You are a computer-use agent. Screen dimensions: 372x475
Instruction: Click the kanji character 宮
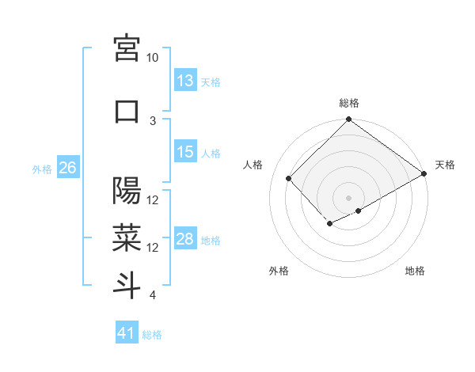(127, 48)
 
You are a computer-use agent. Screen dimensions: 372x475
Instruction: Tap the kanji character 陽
(127, 191)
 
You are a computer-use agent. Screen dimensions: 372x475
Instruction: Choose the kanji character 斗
(127, 286)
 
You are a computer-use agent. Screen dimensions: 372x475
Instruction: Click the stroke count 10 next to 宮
(153, 58)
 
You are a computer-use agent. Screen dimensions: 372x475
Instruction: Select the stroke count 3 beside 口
(153, 120)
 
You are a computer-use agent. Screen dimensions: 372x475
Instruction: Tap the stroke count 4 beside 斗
(153, 295)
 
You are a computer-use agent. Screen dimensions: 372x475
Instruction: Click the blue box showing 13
(185, 81)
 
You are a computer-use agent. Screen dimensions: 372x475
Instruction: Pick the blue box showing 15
(185, 152)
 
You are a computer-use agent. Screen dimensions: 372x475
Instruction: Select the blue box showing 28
(185, 239)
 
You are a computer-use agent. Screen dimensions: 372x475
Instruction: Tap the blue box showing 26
(67, 168)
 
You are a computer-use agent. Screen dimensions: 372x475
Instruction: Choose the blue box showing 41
(127, 333)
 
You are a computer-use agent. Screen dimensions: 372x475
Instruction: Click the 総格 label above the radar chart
(349, 103)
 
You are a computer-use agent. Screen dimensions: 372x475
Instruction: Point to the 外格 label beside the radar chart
(279, 271)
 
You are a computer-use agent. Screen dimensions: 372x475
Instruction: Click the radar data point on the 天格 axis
(425, 175)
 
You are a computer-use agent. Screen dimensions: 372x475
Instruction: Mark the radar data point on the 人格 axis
(289, 178)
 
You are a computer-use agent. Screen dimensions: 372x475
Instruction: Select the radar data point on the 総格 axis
(349, 120)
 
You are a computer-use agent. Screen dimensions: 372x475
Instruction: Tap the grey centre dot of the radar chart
(349, 196)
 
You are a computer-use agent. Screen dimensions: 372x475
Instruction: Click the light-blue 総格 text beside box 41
(152, 334)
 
